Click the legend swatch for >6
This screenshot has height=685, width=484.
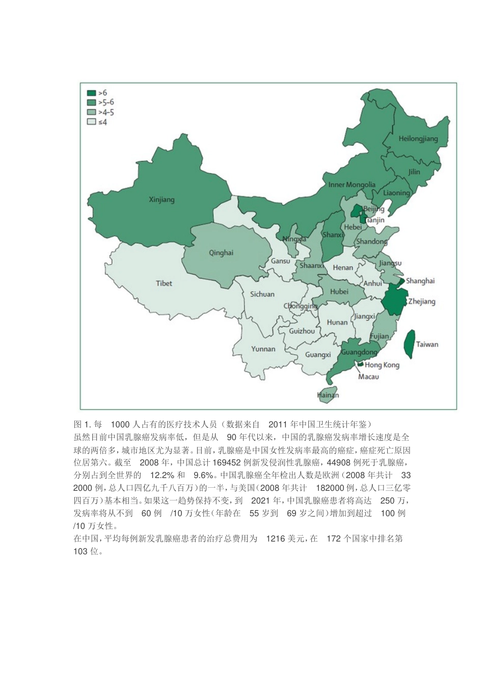(91, 93)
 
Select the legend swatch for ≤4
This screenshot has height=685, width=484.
(91, 122)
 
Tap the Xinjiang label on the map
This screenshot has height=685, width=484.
(162, 199)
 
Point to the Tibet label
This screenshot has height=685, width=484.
(164, 283)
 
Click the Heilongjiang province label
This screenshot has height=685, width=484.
(418, 139)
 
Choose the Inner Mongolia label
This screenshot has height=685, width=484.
(352, 185)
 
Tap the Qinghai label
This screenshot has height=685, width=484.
(221, 253)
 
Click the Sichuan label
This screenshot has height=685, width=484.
(262, 294)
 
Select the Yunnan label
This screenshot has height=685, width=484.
(263, 349)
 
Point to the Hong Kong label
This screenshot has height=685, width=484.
(382, 365)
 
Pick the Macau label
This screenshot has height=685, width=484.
(368, 377)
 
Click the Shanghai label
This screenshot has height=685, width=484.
(420, 281)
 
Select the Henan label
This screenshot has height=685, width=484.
(342, 267)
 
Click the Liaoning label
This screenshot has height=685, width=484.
(396, 193)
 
